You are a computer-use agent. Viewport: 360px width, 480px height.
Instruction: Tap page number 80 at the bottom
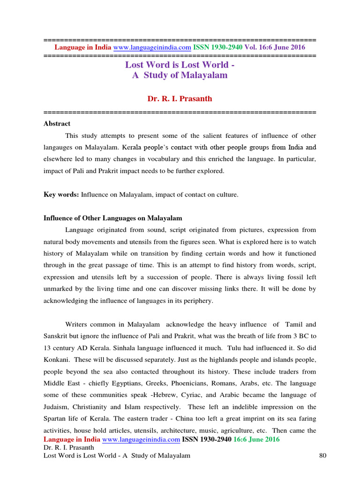(x=322, y=456)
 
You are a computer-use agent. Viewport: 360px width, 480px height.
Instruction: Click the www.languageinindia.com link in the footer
(x=141, y=439)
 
